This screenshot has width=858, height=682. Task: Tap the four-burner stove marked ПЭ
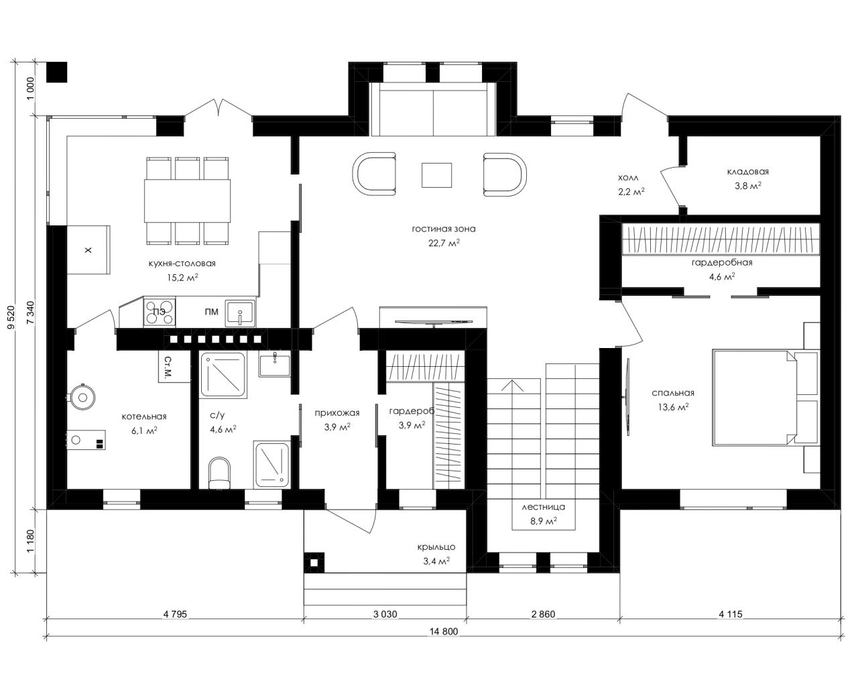tap(160, 312)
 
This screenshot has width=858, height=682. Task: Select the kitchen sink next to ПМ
tap(239, 313)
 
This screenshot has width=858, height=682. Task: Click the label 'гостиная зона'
tap(443, 229)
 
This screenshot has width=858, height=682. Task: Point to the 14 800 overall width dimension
tap(444, 631)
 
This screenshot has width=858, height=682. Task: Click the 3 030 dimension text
tap(385, 614)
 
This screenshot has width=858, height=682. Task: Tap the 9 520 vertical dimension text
tap(11, 317)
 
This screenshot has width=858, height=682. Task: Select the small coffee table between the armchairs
tap(436, 175)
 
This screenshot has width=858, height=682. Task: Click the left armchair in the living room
tap(375, 174)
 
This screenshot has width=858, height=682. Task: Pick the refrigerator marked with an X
tap(88, 250)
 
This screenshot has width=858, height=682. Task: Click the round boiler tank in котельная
tap(82, 397)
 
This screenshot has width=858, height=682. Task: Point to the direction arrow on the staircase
tap(513, 386)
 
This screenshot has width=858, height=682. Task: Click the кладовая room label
tap(748, 172)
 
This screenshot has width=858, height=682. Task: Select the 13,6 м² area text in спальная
tap(673, 407)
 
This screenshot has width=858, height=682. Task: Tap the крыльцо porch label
tap(436, 547)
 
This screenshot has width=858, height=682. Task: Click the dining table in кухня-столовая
tap(188, 201)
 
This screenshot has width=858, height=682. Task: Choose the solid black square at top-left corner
tap(56, 72)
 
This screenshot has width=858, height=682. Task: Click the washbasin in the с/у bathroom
tap(274, 365)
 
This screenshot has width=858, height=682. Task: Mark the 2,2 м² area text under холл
tap(631, 192)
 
